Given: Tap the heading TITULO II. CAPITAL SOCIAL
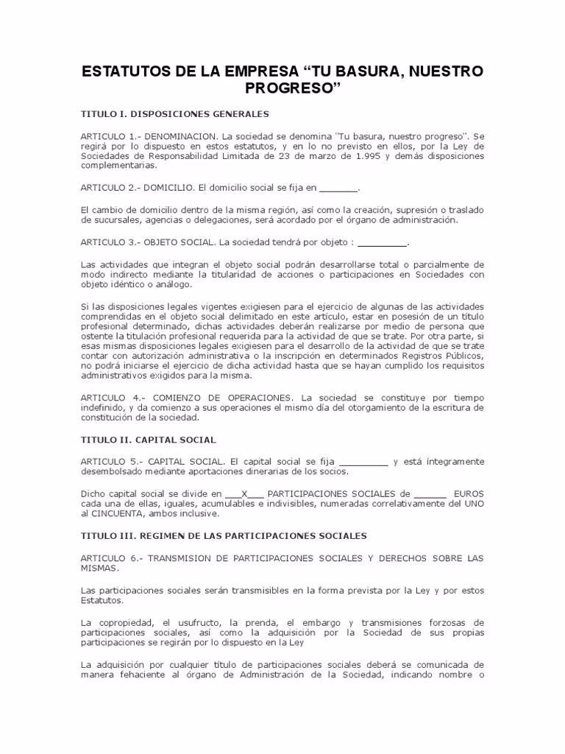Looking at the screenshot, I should point(149,440).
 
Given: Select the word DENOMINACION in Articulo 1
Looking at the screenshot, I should point(181,137).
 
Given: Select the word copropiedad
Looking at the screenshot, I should point(125,623).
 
